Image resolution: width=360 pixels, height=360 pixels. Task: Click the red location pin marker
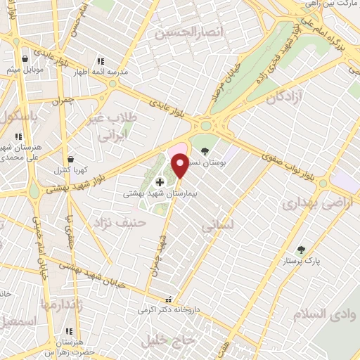point(180,166)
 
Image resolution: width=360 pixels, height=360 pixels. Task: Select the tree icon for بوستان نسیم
point(205,151)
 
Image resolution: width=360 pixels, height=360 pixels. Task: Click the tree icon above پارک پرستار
point(301,250)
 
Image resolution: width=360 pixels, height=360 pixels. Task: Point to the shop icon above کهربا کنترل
point(70,160)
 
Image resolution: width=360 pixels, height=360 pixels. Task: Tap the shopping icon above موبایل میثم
point(26,58)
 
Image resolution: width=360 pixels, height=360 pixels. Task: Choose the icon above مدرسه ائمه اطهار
point(100,61)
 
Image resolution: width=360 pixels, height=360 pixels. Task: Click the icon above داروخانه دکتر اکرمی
point(167,299)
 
